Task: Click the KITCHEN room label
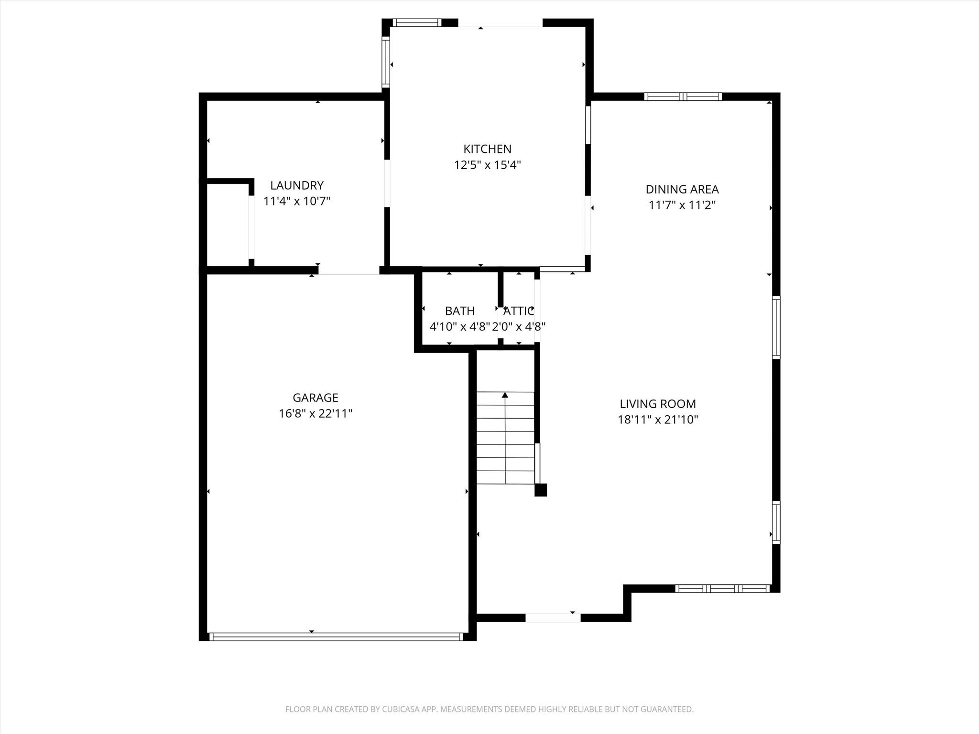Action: (487, 149)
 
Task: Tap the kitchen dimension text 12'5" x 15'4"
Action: (487, 165)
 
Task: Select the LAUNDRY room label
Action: (297, 185)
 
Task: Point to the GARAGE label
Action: (315, 398)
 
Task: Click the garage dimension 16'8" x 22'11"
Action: (315, 413)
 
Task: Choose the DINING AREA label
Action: (682, 189)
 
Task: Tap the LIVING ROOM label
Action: (658, 404)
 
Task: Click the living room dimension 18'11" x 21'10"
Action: (658, 420)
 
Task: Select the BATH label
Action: (460, 311)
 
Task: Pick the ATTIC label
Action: (519, 311)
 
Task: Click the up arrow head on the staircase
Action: (505, 395)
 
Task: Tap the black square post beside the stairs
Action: (540, 490)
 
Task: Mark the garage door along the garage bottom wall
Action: (336, 637)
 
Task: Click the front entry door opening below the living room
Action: (553, 617)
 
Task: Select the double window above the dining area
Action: (683, 97)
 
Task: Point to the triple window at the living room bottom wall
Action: (722, 589)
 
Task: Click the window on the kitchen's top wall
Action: (417, 22)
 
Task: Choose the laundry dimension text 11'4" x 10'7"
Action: (297, 201)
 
